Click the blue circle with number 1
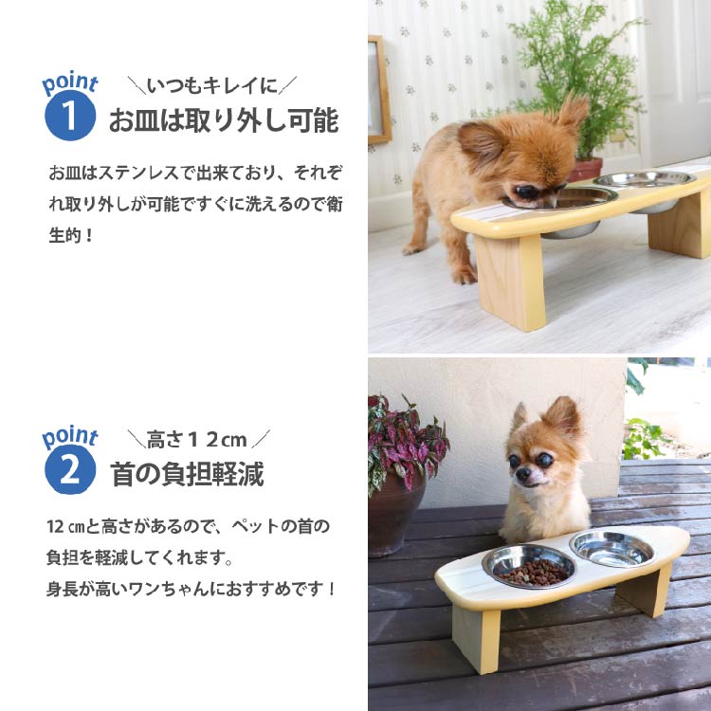click(x=70, y=115)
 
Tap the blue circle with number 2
click(x=70, y=469)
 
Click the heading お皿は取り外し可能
click(x=224, y=120)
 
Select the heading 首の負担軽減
click(x=187, y=474)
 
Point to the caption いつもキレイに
click(x=212, y=85)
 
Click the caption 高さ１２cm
click(x=196, y=439)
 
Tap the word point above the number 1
click(x=70, y=83)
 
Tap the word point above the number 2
click(x=70, y=437)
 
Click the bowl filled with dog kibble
click(x=529, y=566)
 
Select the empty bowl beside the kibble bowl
click(x=612, y=549)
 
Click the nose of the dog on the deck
click(x=523, y=474)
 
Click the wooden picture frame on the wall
click(x=379, y=90)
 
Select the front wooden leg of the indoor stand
click(x=511, y=282)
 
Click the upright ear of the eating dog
click(x=573, y=110)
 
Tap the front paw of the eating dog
click(x=464, y=275)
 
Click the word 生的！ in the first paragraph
click(x=71, y=236)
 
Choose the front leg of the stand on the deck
click(x=477, y=638)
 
